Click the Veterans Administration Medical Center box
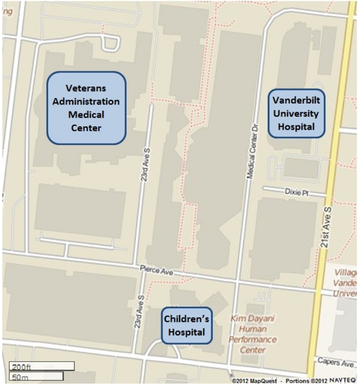coord(86,108)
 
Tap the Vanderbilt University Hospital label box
coord(296,113)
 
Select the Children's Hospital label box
coord(186,325)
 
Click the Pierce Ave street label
coord(157,270)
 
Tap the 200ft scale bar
coord(42,366)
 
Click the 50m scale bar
coord(36,376)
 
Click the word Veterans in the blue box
coord(86,88)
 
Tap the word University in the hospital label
coord(296,113)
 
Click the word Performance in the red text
coord(253,340)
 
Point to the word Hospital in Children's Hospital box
coord(186,332)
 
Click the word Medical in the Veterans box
coord(86,114)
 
